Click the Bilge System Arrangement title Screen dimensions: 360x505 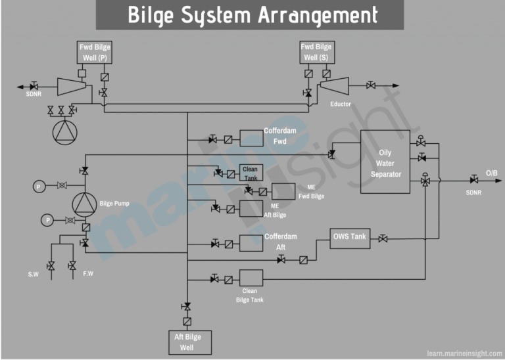click(x=252, y=15)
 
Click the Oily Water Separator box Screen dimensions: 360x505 click(x=385, y=162)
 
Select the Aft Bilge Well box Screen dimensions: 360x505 click(x=187, y=341)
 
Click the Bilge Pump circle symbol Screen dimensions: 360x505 click(x=84, y=203)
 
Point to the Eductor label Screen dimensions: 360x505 click(x=341, y=104)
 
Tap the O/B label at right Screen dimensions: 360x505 click(x=491, y=173)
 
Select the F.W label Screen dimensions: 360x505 click(x=87, y=273)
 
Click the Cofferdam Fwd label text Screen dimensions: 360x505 click(x=280, y=136)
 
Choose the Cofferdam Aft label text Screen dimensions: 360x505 click(x=280, y=242)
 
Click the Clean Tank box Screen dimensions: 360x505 click(x=251, y=173)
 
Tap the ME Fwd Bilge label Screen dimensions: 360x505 click(x=311, y=191)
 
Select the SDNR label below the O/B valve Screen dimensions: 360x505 click(x=473, y=192)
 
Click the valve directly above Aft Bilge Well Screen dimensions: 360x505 click(x=187, y=306)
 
